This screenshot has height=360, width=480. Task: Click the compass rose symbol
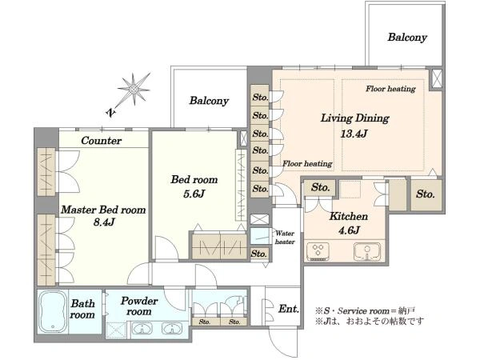(x=134, y=89)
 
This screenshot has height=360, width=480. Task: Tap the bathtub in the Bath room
(x=53, y=311)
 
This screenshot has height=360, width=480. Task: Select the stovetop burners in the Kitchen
(x=318, y=251)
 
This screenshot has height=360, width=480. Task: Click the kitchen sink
(x=367, y=251)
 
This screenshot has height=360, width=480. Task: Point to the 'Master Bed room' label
(x=103, y=210)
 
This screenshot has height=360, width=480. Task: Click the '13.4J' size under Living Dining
(x=354, y=134)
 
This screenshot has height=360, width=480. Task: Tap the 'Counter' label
(x=102, y=141)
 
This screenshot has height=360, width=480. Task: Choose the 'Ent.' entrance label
(x=289, y=309)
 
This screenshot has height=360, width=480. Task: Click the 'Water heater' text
(x=285, y=238)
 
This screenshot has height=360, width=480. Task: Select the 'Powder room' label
(x=139, y=306)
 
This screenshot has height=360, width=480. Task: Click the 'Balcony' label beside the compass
(x=209, y=101)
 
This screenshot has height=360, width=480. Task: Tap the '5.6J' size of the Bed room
(x=194, y=194)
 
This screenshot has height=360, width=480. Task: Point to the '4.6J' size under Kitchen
(x=349, y=230)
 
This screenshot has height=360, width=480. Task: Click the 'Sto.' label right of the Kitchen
(x=426, y=194)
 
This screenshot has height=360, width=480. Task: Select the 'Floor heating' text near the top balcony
(x=390, y=89)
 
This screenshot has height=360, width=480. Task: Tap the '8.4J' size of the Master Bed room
(x=104, y=222)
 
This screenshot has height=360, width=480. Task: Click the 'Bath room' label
(x=82, y=309)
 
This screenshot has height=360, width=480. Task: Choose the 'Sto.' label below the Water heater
(x=258, y=254)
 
